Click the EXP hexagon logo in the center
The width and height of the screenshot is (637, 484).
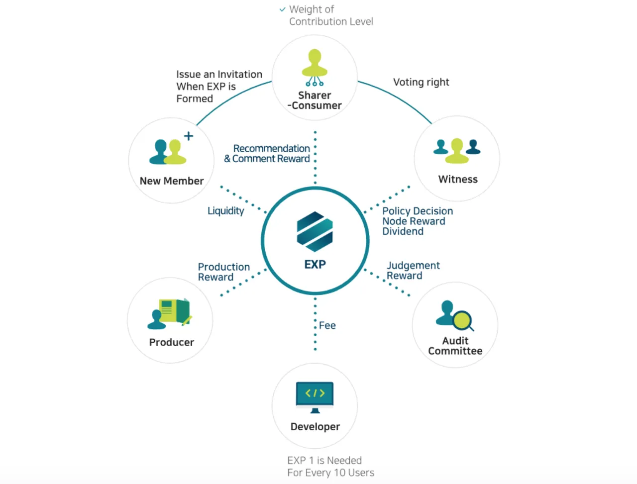point(315,231)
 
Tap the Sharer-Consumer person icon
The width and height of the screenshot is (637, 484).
point(315,67)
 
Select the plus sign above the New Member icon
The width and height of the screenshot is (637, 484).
point(188,136)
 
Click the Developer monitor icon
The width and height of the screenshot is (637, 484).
point(315,397)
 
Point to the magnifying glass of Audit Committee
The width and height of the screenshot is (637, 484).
point(463,321)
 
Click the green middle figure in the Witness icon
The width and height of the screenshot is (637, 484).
point(457,151)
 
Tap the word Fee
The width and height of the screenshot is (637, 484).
point(327,325)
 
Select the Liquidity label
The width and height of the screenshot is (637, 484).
point(226,211)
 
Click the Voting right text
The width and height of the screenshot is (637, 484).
point(421,83)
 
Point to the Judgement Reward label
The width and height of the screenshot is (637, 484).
point(413,270)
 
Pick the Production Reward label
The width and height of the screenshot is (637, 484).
point(224,272)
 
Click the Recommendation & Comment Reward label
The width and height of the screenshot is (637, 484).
point(267,153)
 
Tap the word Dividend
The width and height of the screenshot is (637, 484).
point(403,231)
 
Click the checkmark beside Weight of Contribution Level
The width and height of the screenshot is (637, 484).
point(282,9)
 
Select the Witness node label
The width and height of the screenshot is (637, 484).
point(458,179)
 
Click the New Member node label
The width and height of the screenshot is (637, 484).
point(172,181)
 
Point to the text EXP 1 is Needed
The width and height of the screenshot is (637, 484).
point(324,460)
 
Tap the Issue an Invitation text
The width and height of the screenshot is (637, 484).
point(219,75)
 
